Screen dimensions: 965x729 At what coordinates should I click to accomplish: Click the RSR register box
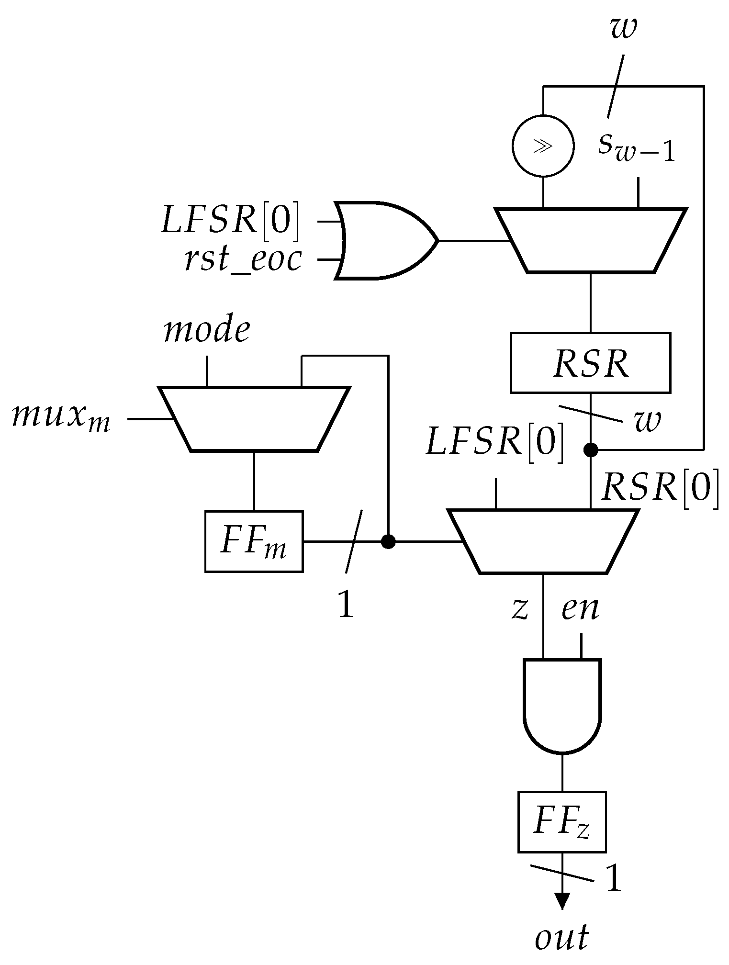coord(590,363)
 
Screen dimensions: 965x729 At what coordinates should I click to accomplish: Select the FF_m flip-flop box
coord(254,541)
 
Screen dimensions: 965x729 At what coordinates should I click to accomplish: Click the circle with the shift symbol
coord(543,146)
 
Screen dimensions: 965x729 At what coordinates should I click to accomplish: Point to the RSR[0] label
coord(660,488)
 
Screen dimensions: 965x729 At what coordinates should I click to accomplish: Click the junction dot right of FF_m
coord(388,541)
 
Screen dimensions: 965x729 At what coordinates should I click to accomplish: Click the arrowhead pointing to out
coord(562,900)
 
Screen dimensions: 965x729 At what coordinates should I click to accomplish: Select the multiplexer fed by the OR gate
coord(591,240)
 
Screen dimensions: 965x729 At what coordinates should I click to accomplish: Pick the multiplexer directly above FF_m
coord(254,419)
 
